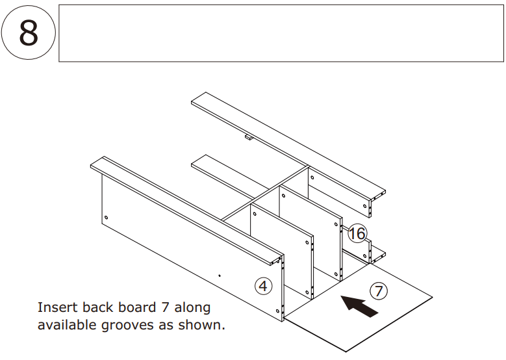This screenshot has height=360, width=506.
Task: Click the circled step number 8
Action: (29, 33)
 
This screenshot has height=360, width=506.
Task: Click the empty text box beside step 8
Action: (281, 33)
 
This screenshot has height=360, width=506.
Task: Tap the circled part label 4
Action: (263, 285)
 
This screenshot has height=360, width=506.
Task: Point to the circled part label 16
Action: (357, 234)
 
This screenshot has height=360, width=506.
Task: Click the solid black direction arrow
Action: (359, 306)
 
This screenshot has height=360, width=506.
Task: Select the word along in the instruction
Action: (192, 307)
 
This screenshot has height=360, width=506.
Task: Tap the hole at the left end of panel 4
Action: (105, 217)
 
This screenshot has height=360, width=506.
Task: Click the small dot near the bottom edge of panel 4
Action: (220, 276)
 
